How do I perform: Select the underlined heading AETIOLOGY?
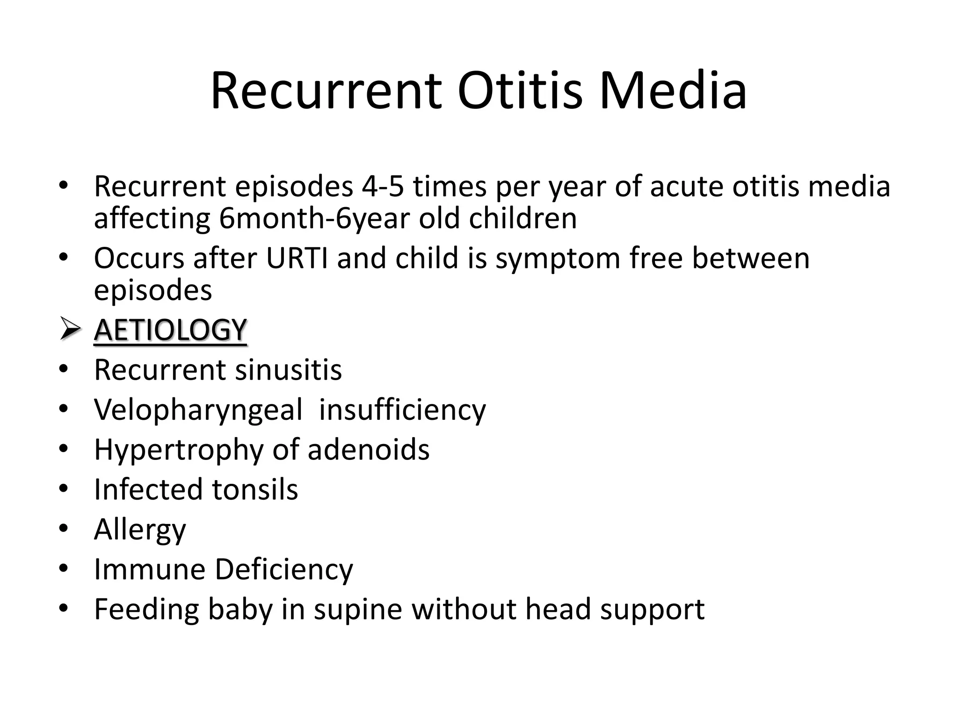(x=170, y=330)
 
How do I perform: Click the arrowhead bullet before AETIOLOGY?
(x=70, y=330)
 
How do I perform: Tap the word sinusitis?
(x=288, y=370)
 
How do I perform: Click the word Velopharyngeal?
(x=198, y=410)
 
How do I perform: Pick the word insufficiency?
(x=402, y=409)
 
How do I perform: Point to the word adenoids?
(x=368, y=450)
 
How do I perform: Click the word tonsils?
(x=254, y=489)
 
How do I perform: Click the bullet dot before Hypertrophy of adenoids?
(x=64, y=449)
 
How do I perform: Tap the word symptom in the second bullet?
(x=558, y=259)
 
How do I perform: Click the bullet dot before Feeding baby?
(x=64, y=609)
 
